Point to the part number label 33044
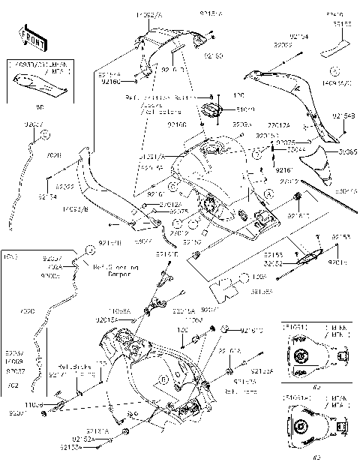click(x=286, y=148)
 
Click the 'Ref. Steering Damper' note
click(x=112, y=270)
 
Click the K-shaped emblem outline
click(x=223, y=286)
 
